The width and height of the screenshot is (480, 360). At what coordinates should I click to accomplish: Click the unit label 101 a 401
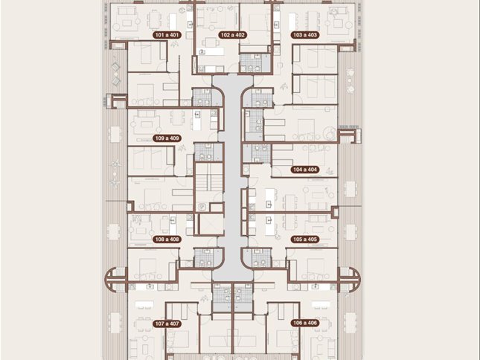167,35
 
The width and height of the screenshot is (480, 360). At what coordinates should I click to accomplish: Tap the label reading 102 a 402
233,35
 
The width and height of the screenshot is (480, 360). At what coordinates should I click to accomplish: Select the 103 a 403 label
305,35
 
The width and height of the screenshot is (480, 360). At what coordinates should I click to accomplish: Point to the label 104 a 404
305,170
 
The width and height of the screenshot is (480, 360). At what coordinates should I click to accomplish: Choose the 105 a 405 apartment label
305,240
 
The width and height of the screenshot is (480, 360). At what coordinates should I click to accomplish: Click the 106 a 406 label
305,323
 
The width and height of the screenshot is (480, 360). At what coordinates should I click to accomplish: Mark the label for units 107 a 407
167,324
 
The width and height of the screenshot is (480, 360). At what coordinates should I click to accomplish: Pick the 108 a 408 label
167,240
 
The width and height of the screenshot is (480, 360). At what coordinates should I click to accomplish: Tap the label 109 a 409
167,138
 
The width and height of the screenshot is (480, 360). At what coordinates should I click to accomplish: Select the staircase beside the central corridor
209,183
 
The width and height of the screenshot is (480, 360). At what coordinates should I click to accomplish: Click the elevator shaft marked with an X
211,224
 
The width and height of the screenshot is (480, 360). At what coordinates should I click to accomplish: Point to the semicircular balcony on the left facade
115,279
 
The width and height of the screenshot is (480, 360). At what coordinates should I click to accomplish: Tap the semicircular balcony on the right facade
349,279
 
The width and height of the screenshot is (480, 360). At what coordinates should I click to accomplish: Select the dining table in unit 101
156,18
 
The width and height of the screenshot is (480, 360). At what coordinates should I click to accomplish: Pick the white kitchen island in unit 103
292,21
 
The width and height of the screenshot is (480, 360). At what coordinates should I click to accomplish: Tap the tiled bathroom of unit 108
204,257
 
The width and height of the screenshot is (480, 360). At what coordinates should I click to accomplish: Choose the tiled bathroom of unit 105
262,257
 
